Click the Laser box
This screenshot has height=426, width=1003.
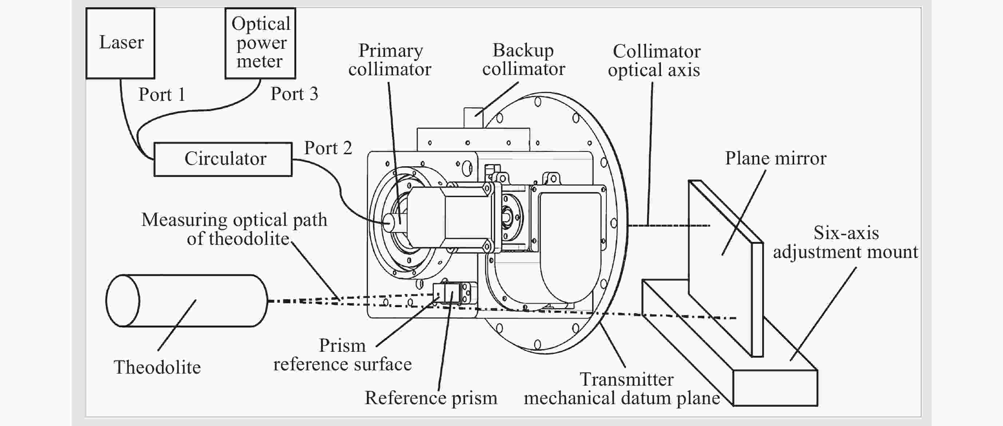[120, 43]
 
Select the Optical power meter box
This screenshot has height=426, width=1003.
[260, 43]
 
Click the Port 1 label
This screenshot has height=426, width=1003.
[162, 95]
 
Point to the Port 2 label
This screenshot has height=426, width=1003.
[328, 148]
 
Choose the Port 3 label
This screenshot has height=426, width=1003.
[294, 94]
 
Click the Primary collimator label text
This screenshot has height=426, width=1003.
[390, 60]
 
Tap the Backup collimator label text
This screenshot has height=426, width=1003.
[523, 60]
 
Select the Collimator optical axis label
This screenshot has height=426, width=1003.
[654, 61]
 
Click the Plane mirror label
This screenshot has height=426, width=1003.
[775, 158]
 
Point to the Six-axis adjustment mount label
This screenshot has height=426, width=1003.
[845, 242]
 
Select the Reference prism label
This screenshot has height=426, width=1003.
[431, 398]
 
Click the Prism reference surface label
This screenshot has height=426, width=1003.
[342, 355]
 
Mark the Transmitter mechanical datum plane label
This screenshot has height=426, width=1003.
[622, 389]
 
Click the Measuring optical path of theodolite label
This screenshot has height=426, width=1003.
[234, 229]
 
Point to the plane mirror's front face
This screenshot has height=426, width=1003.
[720, 268]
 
